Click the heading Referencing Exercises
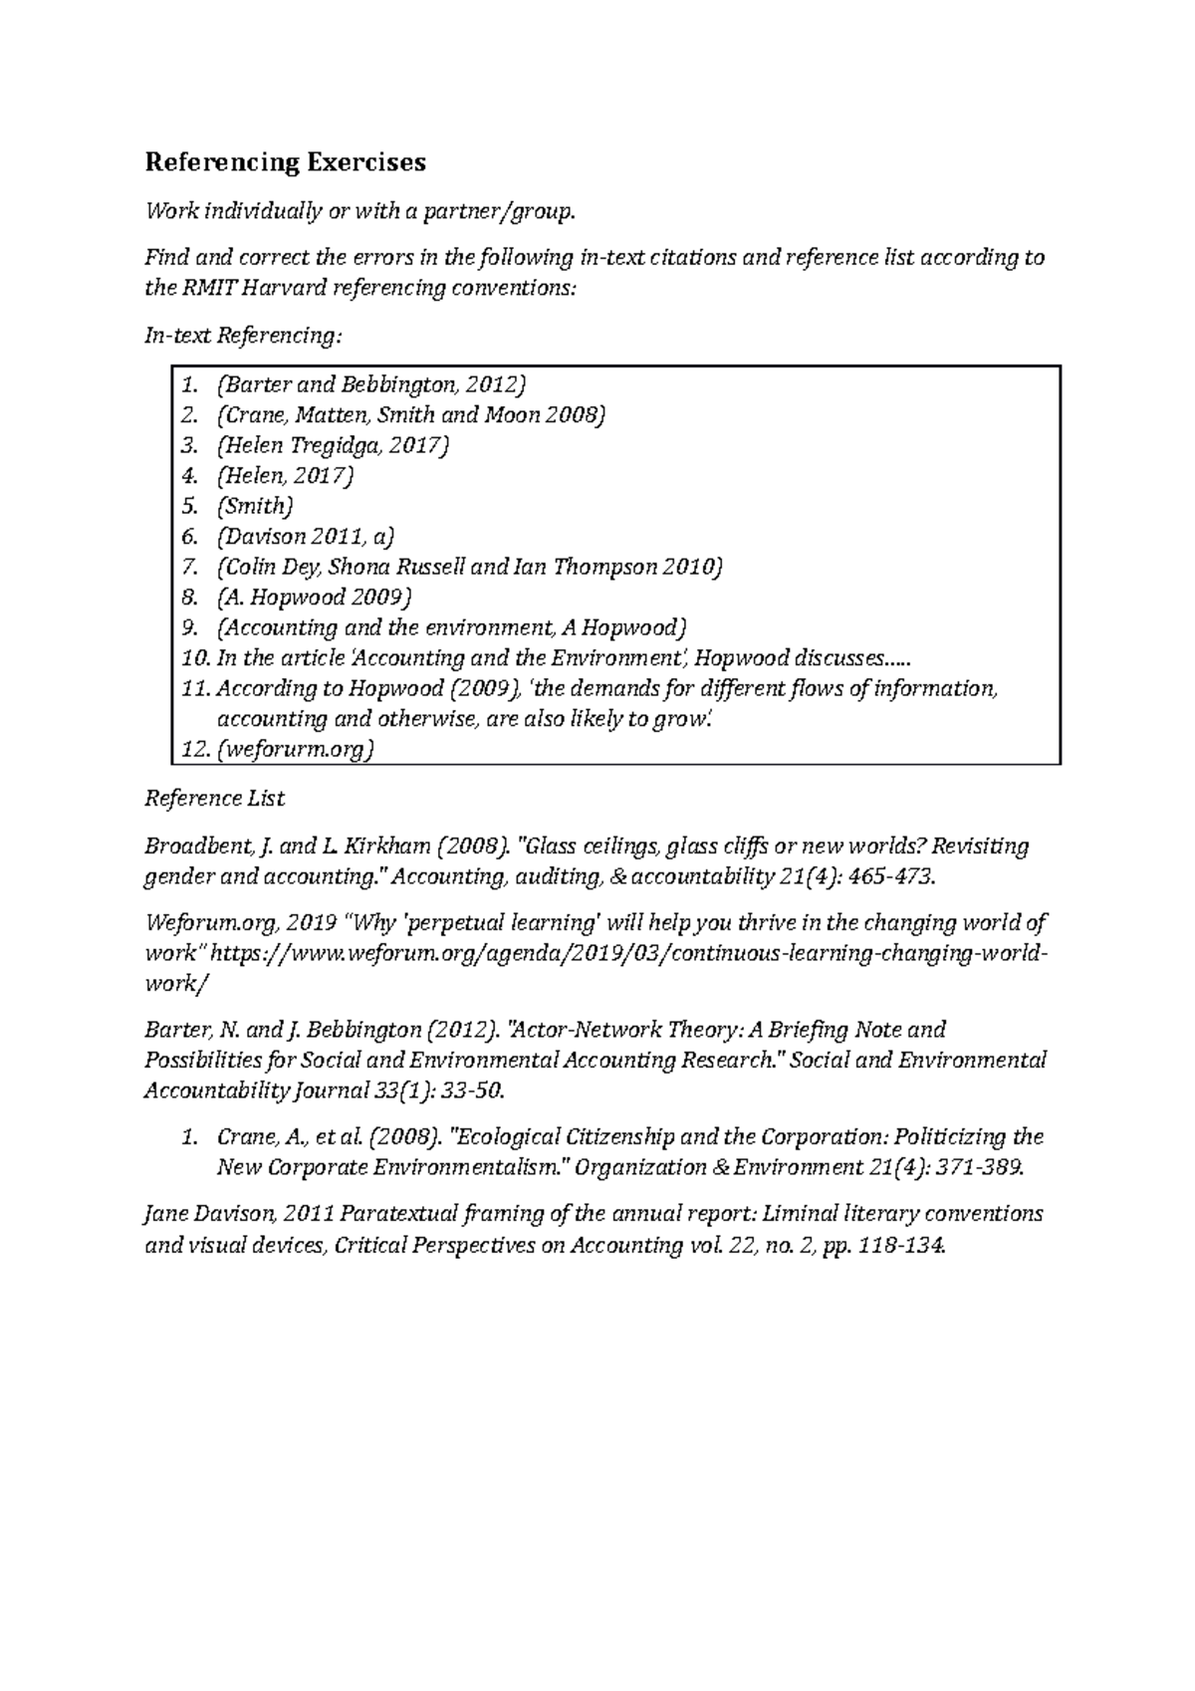[286, 161]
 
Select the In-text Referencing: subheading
[243, 337]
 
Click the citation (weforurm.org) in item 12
[295, 749]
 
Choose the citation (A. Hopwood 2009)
[313, 598]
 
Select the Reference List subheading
[214, 799]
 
